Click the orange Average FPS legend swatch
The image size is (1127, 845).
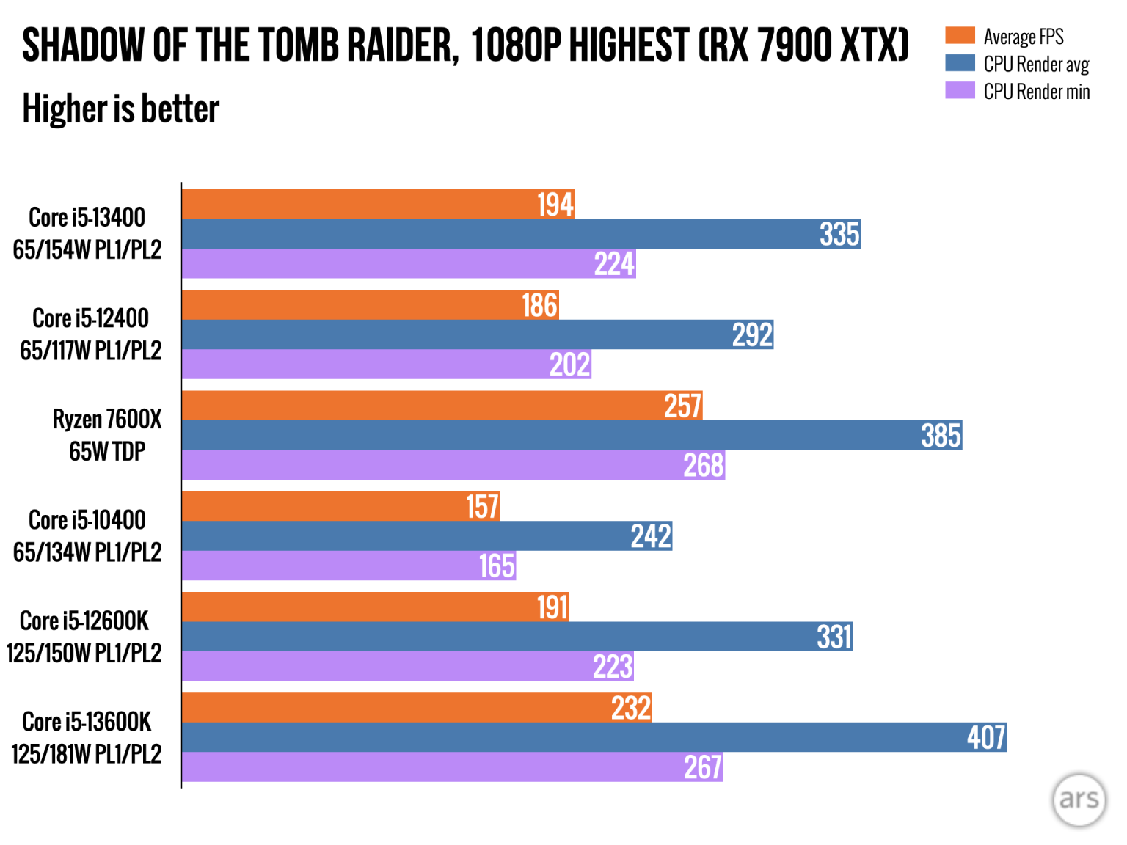tap(960, 36)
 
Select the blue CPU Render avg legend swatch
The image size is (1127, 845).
tap(960, 63)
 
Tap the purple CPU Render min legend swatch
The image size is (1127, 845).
tap(960, 90)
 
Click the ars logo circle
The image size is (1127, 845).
tap(1079, 800)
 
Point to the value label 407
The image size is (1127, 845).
tap(986, 737)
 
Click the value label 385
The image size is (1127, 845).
tap(941, 436)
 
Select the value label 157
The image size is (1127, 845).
tap(482, 507)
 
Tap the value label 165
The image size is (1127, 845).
tap(497, 566)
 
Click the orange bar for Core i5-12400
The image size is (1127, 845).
tap(352, 305)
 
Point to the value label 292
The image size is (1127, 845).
tap(752, 335)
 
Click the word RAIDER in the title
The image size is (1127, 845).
tap(402, 45)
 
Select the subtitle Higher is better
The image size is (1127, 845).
tap(121, 109)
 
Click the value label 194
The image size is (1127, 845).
tap(555, 205)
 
